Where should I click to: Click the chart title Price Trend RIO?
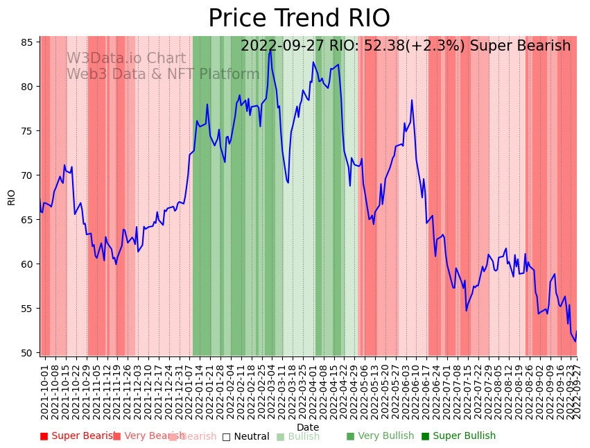[299, 19]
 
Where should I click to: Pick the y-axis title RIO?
[11, 197]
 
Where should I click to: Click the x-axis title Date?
[308, 427]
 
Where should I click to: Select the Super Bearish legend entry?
[78, 436]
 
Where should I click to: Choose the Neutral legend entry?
[245, 437]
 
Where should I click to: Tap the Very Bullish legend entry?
[380, 436]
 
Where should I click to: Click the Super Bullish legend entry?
[458, 436]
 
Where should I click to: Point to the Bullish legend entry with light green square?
[298, 437]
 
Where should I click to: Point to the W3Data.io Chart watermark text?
[126, 59]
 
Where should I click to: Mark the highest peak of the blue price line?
[270, 51]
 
